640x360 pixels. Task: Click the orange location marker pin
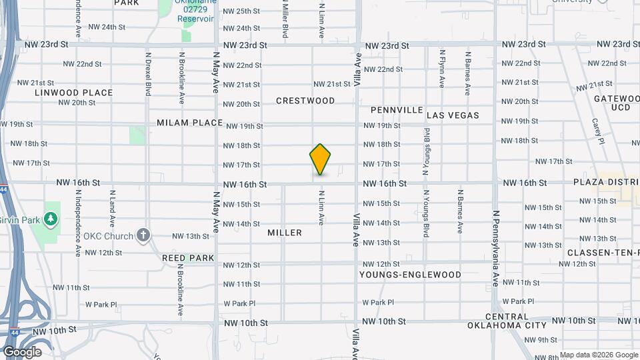[x=321, y=159]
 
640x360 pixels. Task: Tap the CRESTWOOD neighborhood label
[x=305, y=101]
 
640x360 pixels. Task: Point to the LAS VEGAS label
[x=453, y=115]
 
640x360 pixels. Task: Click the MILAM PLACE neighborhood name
[x=189, y=123]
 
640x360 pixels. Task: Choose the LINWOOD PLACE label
[x=74, y=93]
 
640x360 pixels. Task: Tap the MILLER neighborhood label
[x=285, y=233]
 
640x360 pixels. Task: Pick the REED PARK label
[x=188, y=258]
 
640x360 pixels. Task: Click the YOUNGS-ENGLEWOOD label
[x=410, y=275]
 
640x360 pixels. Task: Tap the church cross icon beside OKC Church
[x=143, y=235]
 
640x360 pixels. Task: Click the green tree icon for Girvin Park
[x=50, y=219]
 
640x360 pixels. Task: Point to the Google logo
[x=22, y=352]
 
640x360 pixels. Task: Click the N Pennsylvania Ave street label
[x=495, y=239]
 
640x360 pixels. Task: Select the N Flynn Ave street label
[x=442, y=68]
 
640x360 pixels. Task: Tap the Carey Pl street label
[x=597, y=131]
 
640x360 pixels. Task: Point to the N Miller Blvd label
[x=285, y=20]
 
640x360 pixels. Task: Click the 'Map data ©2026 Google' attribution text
[x=598, y=355]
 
